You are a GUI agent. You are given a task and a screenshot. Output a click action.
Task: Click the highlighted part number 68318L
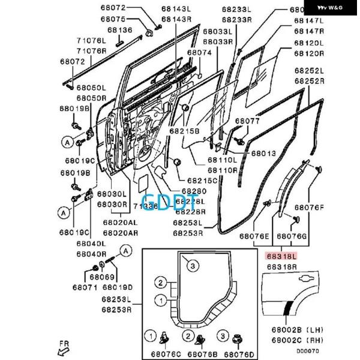[x=281, y=255]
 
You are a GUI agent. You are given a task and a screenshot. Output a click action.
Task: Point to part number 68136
[x=120, y=29]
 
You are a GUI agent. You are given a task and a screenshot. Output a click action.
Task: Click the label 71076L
[x=91, y=40]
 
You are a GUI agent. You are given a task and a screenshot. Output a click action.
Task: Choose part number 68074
[x=199, y=52]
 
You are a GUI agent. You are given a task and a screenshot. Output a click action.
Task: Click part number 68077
[x=247, y=121]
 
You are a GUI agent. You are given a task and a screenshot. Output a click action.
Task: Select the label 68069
[x=101, y=277]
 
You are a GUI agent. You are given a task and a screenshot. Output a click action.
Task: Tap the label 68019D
[x=119, y=287]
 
